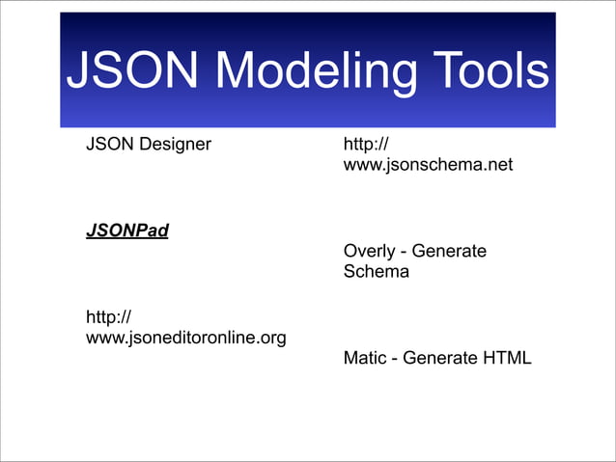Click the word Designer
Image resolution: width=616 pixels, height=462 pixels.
click(174, 146)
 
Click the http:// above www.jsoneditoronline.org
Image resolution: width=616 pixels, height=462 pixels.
click(109, 317)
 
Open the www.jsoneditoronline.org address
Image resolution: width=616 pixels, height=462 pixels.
click(185, 338)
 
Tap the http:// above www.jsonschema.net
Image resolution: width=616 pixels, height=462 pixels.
click(366, 146)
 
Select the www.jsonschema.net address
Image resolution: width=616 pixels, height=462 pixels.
click(428, 166)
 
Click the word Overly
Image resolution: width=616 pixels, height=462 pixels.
click(369, 252)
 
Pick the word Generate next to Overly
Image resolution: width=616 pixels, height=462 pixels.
click(449, 252)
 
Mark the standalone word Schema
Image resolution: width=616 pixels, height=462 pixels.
click(376, 272)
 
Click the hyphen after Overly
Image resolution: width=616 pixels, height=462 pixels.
click(404, 252)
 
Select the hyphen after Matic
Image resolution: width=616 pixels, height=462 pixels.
click(394, 358)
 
